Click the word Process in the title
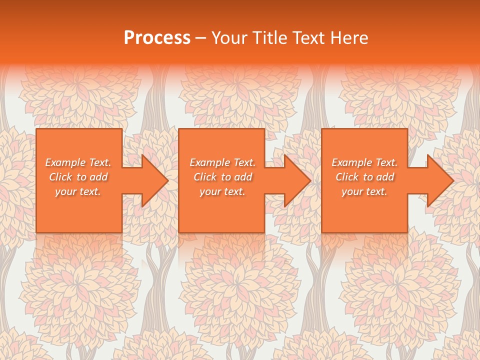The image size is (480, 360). coord(157,38)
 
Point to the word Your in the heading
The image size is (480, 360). coord(229,38)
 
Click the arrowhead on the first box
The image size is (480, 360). coord(152,181)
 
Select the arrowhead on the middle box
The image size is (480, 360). coord(295,181)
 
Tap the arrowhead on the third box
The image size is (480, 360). coord(438,181)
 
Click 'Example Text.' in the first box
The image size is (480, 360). coord(78,162)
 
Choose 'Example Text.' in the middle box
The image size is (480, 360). coord(222,162)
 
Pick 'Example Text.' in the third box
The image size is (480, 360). coord(364,162)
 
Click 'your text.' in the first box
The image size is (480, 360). coord(78,191)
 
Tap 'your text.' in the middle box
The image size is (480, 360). coord(222,191)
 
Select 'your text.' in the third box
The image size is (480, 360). coord(364,191)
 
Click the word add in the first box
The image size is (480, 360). coord(99,177)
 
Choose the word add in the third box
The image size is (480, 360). coord(385,177)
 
